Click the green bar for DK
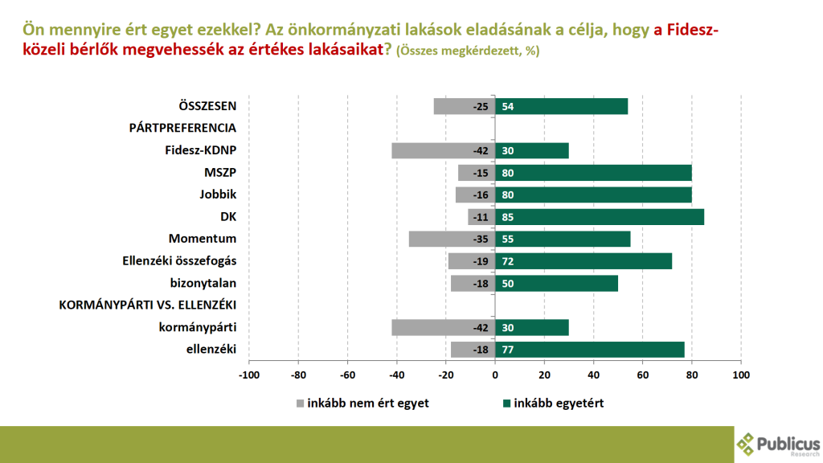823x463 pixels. (x=600, y=217)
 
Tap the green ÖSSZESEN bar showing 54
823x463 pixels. (x=561, y=107)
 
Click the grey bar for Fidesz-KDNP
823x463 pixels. (x=443, y=151)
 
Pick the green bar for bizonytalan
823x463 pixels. (x=556, y=283)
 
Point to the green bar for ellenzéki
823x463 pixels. (x=590, y=349)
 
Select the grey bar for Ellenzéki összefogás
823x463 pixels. (x=471, y=261)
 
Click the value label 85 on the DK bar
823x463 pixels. (x=508, y=217)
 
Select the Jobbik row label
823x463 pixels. (x=218, y=195)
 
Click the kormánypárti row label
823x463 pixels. (x=203, y=327)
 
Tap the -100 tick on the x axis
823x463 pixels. (x=250, y=375)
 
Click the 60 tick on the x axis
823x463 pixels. (x=643, y=375)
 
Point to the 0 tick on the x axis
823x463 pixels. (x=495, y=375)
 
